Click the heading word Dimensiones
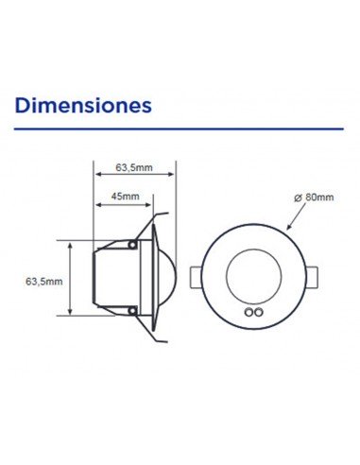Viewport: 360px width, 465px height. [84, 103]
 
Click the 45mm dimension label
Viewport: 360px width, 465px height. [125, 198]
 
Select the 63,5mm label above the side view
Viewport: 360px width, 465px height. [134, 166]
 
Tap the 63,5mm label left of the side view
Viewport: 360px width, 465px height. [43, 281]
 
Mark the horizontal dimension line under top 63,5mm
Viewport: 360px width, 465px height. [134, 175]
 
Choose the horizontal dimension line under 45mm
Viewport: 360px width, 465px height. [118, 206]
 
